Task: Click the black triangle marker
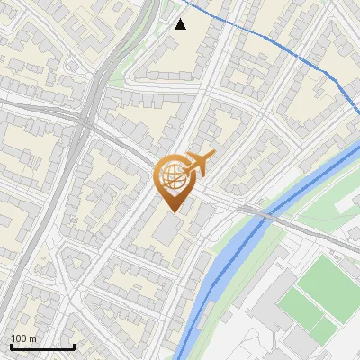(181, 24)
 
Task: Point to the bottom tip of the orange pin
(173, 212)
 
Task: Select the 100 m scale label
(23, 338)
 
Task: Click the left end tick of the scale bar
(11, 346)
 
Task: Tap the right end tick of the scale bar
(74, 346)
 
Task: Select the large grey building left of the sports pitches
(270, 315)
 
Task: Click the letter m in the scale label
(32, 338)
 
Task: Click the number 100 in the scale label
(19, 338)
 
